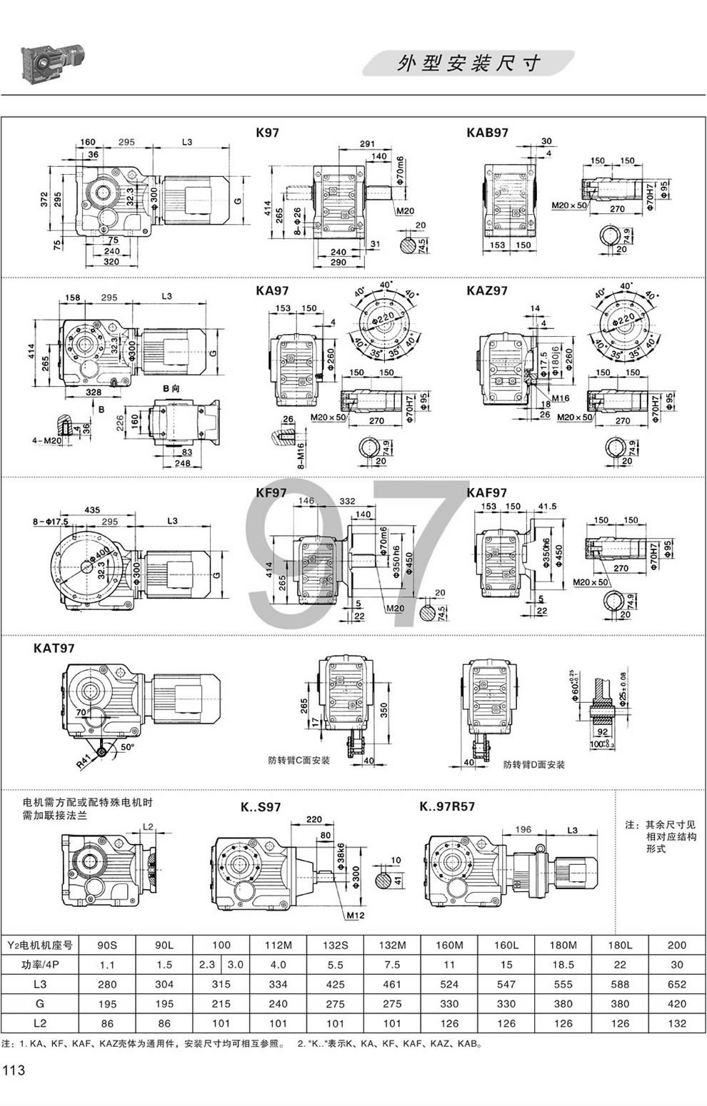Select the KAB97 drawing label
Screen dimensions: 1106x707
[487, 133]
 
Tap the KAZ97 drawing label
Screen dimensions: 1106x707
[487, 290]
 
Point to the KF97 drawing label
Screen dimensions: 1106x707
[271, 492]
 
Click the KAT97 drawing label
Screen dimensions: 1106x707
[54, 648]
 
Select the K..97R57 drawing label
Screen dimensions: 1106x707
[447, 807]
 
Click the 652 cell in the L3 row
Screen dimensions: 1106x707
[676, 984]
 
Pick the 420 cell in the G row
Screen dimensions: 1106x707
[676, 1003]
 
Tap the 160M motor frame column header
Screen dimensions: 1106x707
[449, 945]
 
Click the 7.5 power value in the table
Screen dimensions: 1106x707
[392, 964]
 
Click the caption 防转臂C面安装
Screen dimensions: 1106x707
[299, 760]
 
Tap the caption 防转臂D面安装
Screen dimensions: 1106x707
[533, 764]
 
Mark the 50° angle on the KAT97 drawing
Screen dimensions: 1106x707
[126, 746]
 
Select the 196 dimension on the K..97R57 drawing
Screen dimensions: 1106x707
[523, 829]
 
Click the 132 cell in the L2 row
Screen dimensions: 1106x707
[676, 1023]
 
